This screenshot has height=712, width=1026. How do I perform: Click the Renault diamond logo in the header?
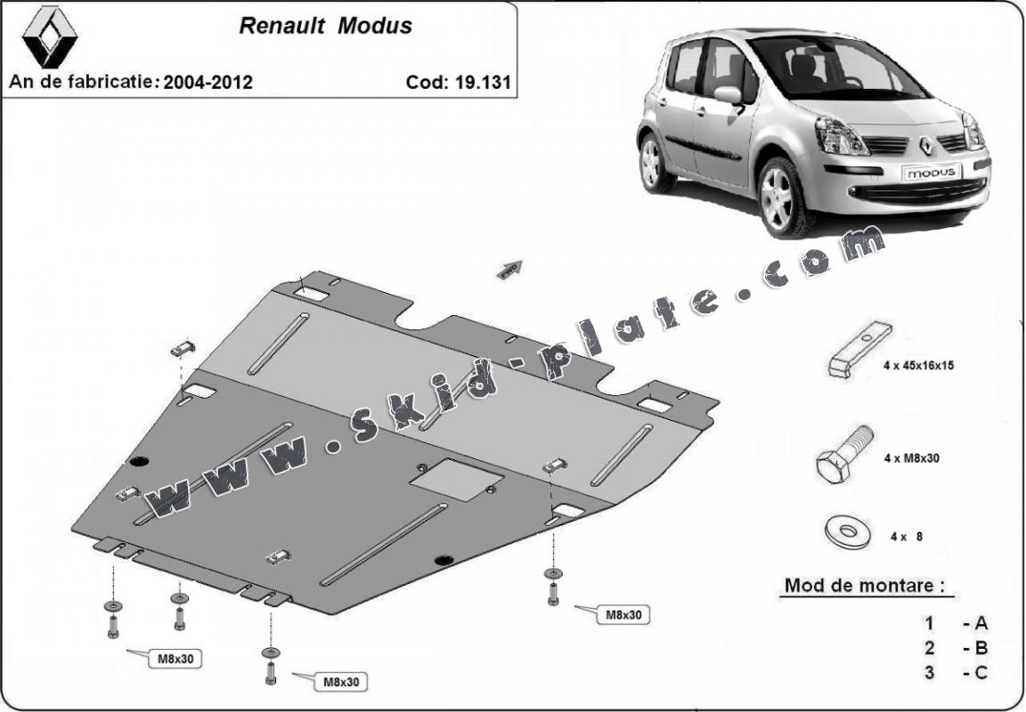50,36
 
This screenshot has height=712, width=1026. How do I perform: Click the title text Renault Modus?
325,26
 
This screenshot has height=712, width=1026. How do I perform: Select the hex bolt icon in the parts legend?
843,455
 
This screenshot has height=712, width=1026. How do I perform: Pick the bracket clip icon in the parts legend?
859,349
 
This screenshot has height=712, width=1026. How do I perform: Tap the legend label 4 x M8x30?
912,458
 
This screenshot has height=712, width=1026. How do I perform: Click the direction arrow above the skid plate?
509,269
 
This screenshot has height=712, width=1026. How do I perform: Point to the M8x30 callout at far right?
623,614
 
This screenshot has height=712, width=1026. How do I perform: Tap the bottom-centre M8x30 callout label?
340,682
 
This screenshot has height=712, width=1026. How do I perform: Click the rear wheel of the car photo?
656,162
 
